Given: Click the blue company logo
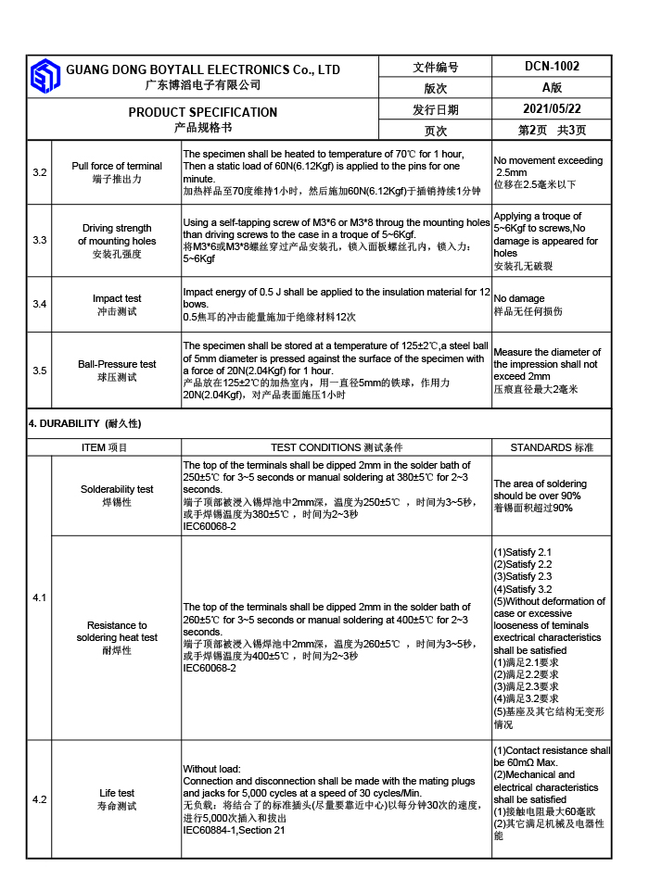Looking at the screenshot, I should (x=45, y=77).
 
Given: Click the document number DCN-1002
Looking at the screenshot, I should (x=552, y=67).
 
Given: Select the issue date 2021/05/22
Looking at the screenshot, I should (x=552, y=109).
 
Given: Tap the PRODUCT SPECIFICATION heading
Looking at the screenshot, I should (x=203, y=112).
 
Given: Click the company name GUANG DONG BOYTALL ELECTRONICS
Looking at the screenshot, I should (x=203, y=70).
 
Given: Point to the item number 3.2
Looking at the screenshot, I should (x=40, y=172).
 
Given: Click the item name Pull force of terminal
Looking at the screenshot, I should (x=117, y=167).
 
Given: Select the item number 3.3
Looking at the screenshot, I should (x=40, y=241).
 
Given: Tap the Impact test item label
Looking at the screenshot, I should (x=117, y=299).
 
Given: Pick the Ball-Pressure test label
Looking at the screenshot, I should (x=117, y=364).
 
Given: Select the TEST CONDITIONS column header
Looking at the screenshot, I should (x=337, y=447).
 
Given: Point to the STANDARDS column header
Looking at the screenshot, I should (x=552, y=447).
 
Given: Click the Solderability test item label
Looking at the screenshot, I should (x=117, y=489).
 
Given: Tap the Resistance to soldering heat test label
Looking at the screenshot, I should (x=117, y=637).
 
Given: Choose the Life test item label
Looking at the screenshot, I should (x=117, y=793).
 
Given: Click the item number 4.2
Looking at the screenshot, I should (x=40, y=799).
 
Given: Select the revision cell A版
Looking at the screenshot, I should (x=552, y=88).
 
